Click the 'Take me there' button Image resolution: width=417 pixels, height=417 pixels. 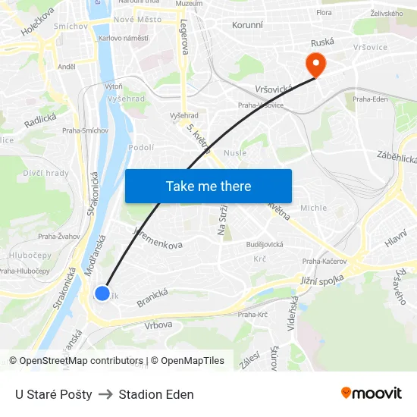click(208, 186)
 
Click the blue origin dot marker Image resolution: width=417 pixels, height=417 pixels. click(102, 293)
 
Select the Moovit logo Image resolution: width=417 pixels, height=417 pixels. click(371, 393)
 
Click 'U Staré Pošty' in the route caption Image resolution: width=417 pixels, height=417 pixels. click(54, 394)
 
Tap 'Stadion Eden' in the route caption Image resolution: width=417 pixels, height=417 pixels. click(156, 394)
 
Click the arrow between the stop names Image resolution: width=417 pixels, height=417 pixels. click(105, 394)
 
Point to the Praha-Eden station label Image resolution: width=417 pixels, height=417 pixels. click(371, 99)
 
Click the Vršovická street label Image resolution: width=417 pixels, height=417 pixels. click(274, 89)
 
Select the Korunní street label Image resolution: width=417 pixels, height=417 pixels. click(247, 25)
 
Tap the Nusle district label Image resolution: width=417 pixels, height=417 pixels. click(235, 152)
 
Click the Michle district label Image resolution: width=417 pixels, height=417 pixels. click(313, 208)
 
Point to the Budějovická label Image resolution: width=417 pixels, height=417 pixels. click(265, 244)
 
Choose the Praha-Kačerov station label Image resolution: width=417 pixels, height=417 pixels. click(325, 262)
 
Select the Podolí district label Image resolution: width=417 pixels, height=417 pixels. click(142, 148)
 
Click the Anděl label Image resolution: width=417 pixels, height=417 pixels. click(67, 67)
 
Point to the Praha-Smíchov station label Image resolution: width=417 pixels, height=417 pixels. click(85, 130)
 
